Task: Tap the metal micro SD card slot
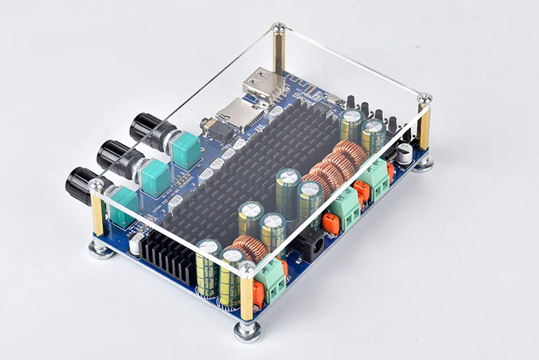click(x=236, y=111)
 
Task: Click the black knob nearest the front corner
click(x=80, y=185)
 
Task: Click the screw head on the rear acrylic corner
click(x=278, y=28)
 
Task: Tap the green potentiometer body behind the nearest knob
click(x=122, y=203)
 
